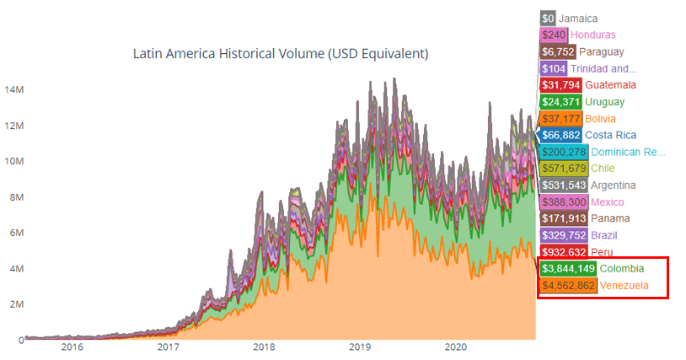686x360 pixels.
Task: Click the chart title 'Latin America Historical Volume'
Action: [281, 53]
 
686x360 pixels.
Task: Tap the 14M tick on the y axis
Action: [13, 89]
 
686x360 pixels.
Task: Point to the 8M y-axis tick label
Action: [17, 197]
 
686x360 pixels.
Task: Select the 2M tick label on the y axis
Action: [17, 304]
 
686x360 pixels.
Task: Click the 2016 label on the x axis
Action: [72, 347]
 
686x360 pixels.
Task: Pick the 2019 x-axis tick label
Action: [360, 347]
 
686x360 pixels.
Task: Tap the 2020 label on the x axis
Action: [456, 347]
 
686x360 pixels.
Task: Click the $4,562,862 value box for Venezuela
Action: [568, 286]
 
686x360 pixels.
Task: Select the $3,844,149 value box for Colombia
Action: [568, 269]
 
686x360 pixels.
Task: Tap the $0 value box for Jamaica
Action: [548, 18]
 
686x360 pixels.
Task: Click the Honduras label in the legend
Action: [593, 35]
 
